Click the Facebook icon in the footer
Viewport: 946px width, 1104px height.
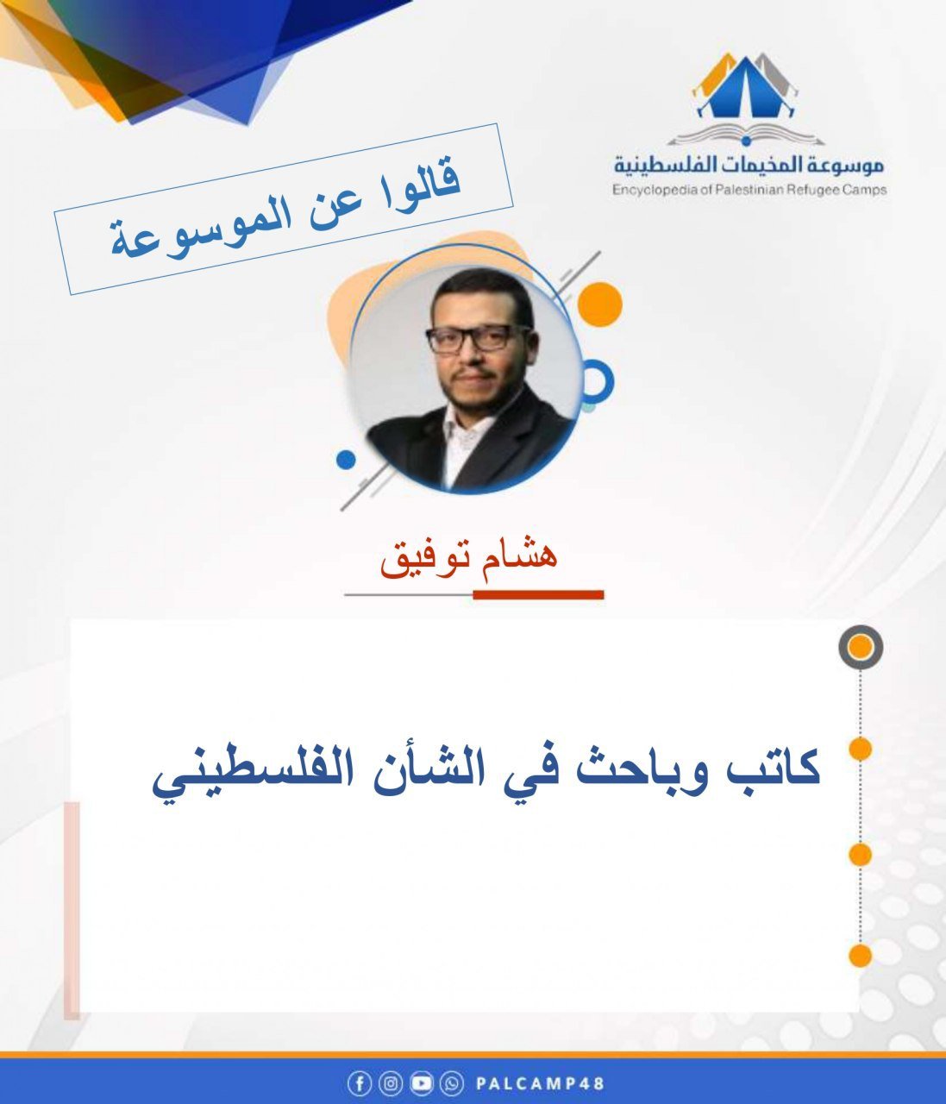pos(359,1083)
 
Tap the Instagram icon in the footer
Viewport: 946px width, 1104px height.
pos(391,1083)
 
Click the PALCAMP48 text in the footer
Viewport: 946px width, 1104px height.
pos(540,1083)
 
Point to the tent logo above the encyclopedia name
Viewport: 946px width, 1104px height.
pos(744,90)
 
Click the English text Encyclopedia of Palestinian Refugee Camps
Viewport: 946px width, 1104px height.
pos(749,190)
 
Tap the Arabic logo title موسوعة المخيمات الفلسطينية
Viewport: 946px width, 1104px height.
pos(749,164)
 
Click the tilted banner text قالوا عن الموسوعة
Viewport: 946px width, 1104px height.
pos(285,209)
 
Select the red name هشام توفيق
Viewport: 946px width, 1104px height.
pos(470,557)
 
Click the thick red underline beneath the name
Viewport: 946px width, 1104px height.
pos(538,594)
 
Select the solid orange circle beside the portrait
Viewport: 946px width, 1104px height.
pos(599,304)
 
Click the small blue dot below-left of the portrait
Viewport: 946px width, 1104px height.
pos(346,460)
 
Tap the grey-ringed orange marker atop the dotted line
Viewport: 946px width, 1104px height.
pos(860,648)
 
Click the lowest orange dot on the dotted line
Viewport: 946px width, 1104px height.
pos(860,956)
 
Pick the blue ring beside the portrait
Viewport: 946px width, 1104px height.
pos(595,382)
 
